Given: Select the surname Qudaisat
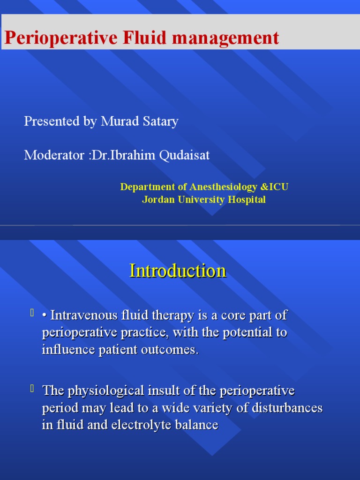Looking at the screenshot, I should pos(183,155).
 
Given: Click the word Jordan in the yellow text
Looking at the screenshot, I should pos(158,200).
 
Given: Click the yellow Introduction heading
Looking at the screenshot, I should pos(178,271).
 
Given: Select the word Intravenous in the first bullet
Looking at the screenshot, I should pos(80,315).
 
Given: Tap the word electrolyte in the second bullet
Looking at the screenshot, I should pos(127,425).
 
